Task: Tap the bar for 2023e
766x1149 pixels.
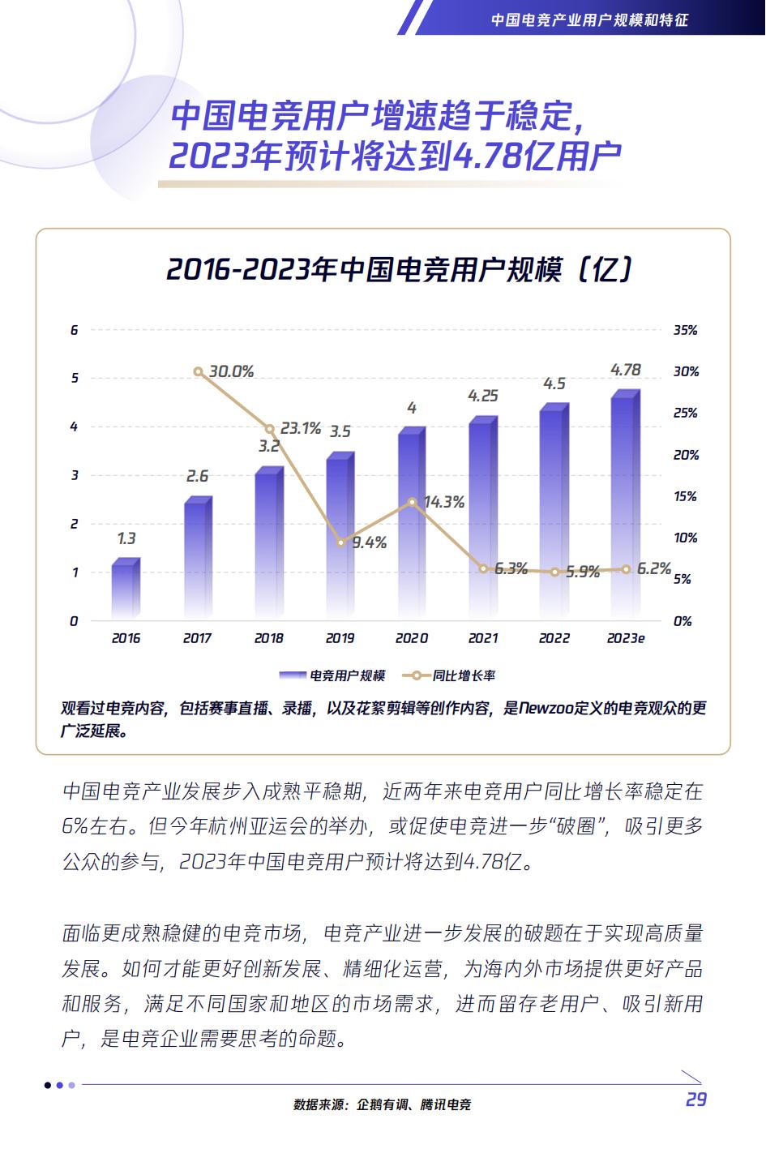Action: point(625,506)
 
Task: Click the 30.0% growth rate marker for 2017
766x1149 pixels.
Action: point(199,371)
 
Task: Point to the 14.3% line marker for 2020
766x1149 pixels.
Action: point(412,502)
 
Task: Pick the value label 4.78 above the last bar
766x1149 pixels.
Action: point(625,370)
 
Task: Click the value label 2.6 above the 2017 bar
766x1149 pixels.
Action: point(197,476)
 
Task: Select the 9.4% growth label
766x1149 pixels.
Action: point(369,543)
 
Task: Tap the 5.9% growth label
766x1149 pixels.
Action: point(582,572)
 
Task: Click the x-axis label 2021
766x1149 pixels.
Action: point(482,638)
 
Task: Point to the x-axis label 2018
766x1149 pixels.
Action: point(268,638)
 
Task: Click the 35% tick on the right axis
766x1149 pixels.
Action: point(685,330)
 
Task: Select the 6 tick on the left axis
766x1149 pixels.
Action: point(75,330)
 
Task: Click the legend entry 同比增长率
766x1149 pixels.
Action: point(454,675)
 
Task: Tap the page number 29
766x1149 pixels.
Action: point(695,1100)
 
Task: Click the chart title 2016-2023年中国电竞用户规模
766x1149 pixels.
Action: point(399,269)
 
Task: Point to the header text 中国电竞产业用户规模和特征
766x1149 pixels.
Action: point(589,19)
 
